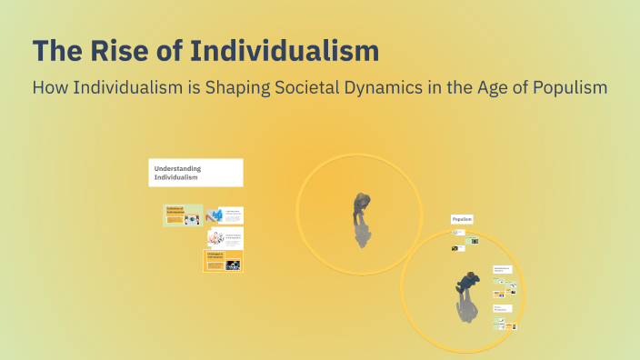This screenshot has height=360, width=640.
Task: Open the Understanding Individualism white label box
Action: point(195,173)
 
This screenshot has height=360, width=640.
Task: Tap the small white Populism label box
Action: point(462,219)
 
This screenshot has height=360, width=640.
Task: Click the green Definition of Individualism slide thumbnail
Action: point(184,215)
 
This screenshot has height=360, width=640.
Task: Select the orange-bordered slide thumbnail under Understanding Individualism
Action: point(223,261)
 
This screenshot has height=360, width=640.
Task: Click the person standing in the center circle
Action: point(361,207)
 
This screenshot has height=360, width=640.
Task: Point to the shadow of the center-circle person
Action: point(362,235)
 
